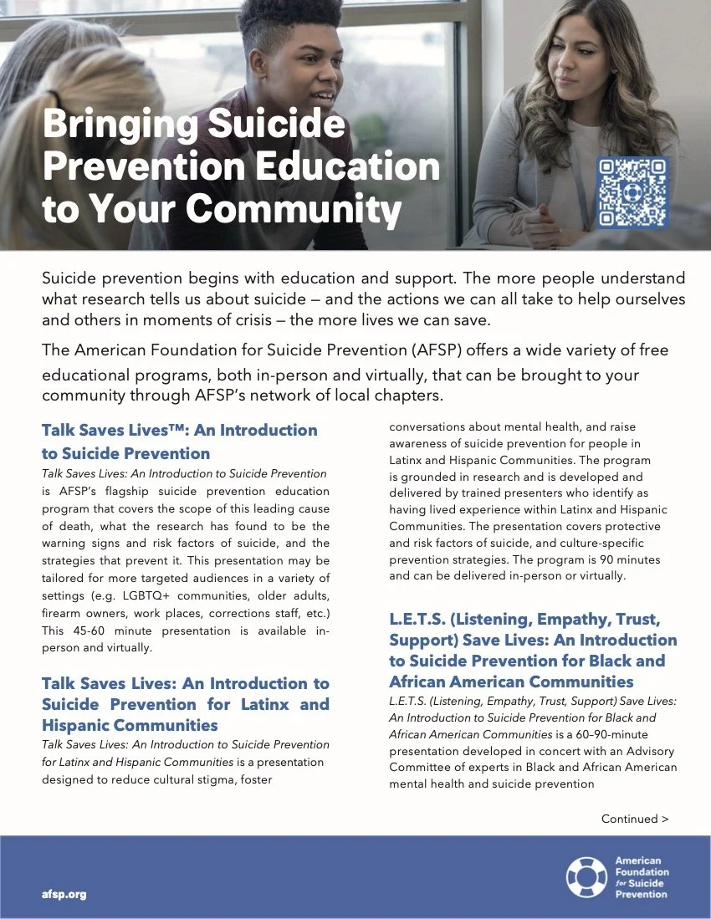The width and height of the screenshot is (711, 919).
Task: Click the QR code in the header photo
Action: pyautogui.click(x=633, y=192)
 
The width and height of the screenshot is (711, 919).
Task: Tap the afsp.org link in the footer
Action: pyautogui.click(x=64, y=894)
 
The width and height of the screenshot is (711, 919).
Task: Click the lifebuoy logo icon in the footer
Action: pyautogui.click(x=586, y=876)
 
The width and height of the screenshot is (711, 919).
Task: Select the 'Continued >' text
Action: pyautogui.click(x=635, y=819)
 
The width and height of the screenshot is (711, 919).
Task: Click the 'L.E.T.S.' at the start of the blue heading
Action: pyautogui.click(x=416, y=620)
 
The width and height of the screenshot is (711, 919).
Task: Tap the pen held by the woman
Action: pyautogui.click(x=524, y=206)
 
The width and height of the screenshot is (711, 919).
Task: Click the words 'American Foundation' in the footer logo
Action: pyautogui.click(x=637, y=865)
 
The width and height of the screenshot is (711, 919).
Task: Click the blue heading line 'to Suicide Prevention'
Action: pyautogui.click(x=125, y=453)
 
